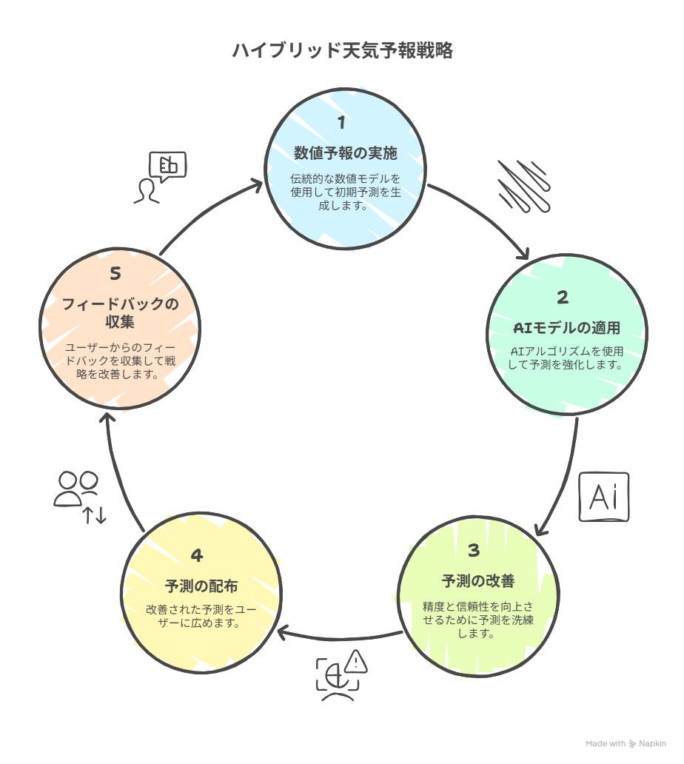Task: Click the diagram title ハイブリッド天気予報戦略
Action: tap(343, 50)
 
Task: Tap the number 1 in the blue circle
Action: tap(341, 122)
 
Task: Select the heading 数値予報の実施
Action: tap(346, 153)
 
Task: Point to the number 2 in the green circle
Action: tap(563, 297)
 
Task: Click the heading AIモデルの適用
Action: tap(566, 328)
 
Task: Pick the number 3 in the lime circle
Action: tap(474, 551)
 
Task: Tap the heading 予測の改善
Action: tap(478, 581)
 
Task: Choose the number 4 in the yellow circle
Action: tap(197, 555)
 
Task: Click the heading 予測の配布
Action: tap(201, 586)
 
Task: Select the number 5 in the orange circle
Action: tap(115, 274)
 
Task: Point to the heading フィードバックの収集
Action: tap(120, 313)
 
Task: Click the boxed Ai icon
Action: tap(604, 497)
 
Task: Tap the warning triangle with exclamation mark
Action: tap(356, 662)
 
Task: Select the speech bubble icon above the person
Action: tap(167, 166)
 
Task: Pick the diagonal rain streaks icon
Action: tap(524, 186)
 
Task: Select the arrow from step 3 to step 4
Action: tap(340, 638)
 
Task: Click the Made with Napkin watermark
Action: tap(626, 743)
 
